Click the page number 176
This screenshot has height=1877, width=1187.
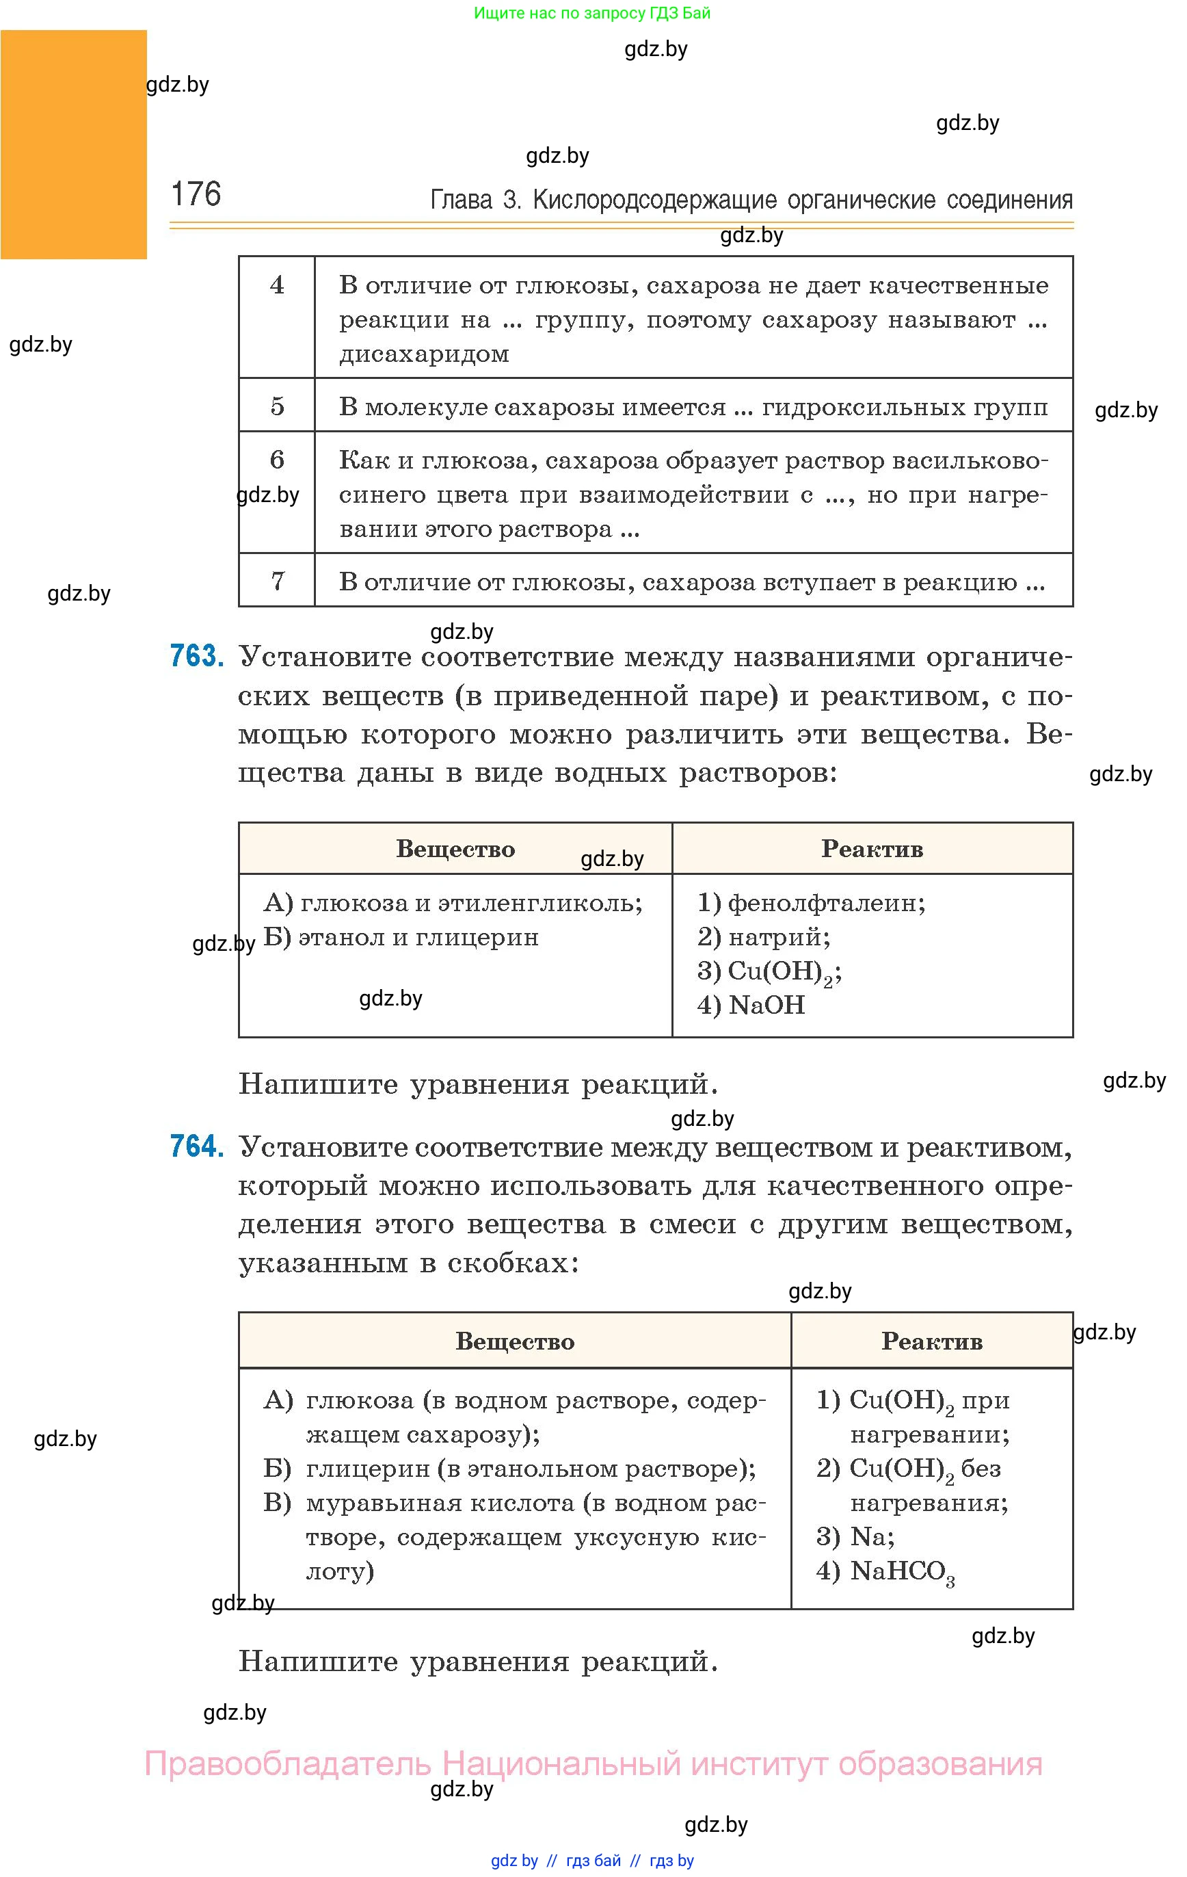click(x=196, y=194)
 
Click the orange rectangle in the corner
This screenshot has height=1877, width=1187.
click(x=73, y=144)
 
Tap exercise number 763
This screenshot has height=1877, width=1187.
click(x=197, y=656)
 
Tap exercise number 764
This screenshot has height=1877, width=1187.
click(x=197, y=1146)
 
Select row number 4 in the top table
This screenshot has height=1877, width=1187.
click(x=277, y=285)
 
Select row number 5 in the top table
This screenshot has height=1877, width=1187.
click(x=277, y=406)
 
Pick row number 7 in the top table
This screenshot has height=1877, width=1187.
click(x=277, y=581)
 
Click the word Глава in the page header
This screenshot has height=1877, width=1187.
click(x=462, y=200)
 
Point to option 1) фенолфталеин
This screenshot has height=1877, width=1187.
click(x=810, y=903)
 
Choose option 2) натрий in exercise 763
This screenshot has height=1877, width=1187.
click(x=763, y=936)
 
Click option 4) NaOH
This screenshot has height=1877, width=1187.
click(x=751, y=1005)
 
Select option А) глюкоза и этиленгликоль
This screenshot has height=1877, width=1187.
click(x=453, y=903)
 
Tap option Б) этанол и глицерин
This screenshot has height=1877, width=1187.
click(x=401, y=937)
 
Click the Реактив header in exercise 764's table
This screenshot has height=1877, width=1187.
click(x=931, y=1341)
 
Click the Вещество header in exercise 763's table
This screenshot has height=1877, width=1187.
click(x=455, y=849)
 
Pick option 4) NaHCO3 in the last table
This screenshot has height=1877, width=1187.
click(x=885, y=1571)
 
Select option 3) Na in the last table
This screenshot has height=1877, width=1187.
click(x=855, y=1536)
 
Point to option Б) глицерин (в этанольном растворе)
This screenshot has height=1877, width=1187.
click(x=509, y=1469)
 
